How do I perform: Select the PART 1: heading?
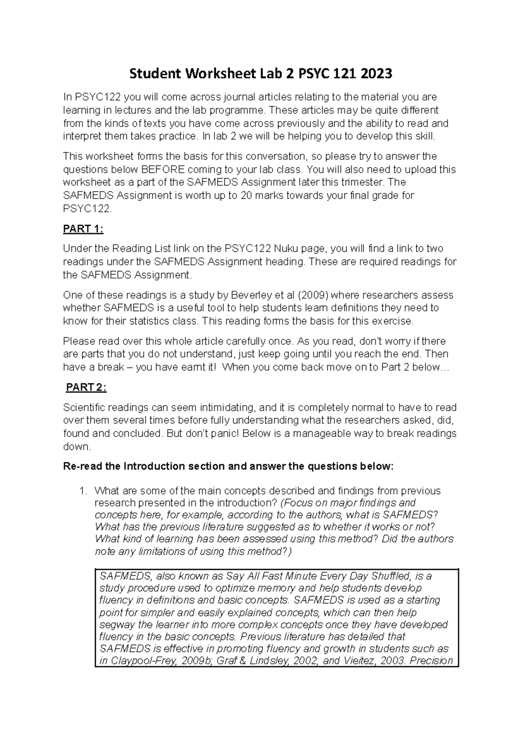(83, 229)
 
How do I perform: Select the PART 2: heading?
(86, 387)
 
